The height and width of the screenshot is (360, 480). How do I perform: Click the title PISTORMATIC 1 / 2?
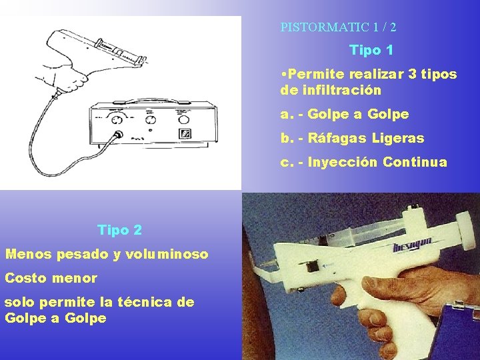338,27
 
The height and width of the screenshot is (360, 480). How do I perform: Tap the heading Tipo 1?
371,50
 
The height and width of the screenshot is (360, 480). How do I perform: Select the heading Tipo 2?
120,230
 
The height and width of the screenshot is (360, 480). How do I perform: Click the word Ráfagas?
337,138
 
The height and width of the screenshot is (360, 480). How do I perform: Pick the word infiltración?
341,90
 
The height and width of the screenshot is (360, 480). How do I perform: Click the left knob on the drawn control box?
117,120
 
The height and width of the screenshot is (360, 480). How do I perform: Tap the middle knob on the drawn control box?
151,119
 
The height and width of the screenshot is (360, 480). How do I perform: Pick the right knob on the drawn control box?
183,119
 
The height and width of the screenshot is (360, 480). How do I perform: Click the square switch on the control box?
185,133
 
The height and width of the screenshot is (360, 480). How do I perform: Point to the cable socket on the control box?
117,134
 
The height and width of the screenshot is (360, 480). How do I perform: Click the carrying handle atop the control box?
154,101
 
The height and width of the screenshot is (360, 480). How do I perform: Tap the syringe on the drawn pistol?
121,51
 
